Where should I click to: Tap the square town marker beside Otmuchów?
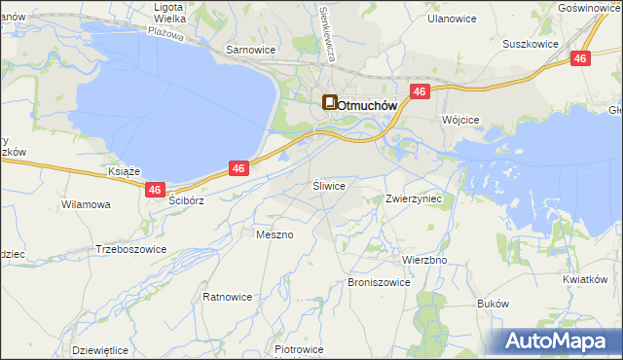[330, 102]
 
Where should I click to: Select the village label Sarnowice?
[251, 49]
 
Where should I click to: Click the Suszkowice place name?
[530, 44]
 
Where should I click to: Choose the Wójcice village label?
[460, 119]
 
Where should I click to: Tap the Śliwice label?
[329, 184]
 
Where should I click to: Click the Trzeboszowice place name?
[131, 249]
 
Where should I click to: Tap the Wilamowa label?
[86, 205]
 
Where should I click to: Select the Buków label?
[494, 304]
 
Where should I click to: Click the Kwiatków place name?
[585, 279]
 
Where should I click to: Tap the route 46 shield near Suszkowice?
[581, 59]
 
